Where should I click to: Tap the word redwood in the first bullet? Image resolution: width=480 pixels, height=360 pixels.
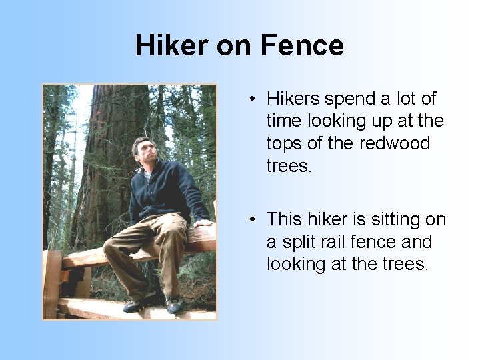click(397, 143)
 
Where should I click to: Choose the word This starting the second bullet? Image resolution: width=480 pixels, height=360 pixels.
click(285, 219)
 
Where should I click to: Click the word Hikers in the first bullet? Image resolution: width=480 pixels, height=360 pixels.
click(293, 99)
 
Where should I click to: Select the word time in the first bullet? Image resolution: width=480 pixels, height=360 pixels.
click(283, 121)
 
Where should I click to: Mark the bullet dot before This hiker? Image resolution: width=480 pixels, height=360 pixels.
click(253, 220)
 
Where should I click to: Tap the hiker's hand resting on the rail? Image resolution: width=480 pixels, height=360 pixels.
click(204, 224)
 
